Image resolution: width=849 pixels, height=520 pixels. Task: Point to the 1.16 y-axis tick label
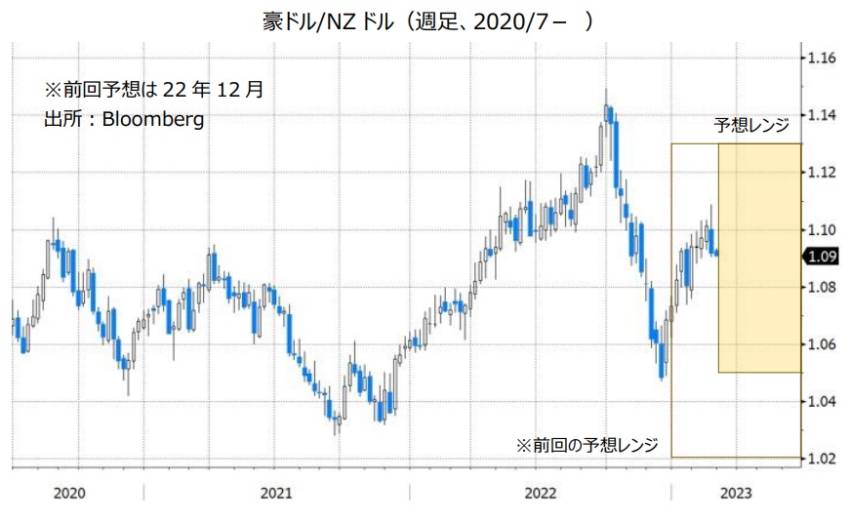point(823,59)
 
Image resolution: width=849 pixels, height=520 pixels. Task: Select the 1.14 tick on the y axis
point(823,115)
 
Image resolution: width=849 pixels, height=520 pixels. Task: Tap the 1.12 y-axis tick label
point(823,173)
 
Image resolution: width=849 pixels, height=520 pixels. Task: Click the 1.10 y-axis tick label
point(823,230)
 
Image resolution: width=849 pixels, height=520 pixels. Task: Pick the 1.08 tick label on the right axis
point(823,287)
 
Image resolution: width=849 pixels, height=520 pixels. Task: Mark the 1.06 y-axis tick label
point(823,344)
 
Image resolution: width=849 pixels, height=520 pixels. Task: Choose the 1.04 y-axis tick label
point(823,401)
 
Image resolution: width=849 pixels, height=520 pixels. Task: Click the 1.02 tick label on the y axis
point(823,459)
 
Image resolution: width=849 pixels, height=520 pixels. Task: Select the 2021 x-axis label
point(278,493)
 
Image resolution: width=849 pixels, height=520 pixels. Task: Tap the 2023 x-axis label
point(736,493)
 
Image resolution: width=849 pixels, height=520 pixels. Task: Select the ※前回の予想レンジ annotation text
point(586,445)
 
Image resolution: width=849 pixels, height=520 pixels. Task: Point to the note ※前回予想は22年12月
point(154,90)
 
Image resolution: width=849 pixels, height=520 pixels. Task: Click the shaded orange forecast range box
point(759,258)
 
